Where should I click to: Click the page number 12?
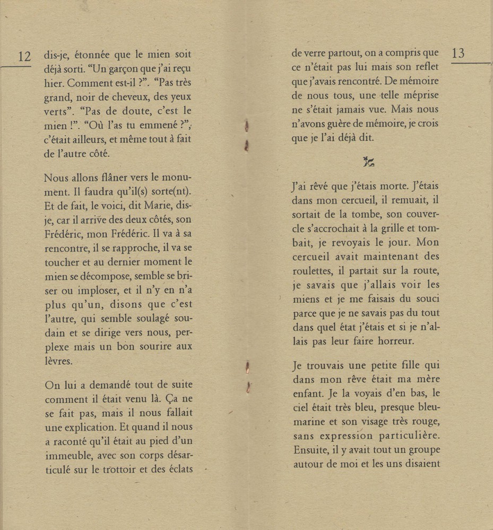(24, 56)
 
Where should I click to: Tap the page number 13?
(458, 53)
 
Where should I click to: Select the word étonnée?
(97, 55)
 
